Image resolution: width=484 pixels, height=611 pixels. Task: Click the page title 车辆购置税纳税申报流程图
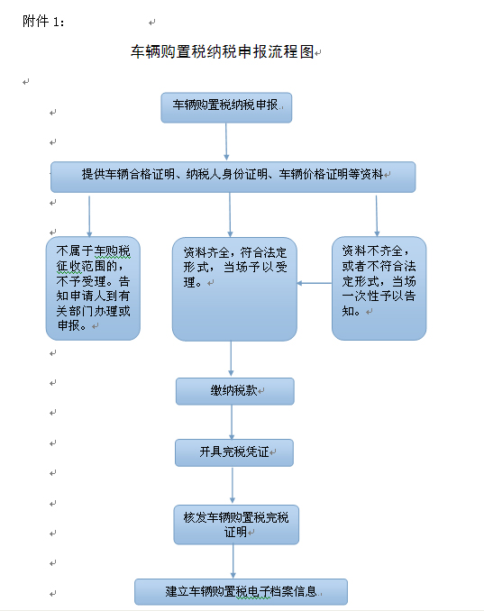click(222, 51)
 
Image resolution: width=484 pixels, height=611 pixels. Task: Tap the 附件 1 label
click(43, 22)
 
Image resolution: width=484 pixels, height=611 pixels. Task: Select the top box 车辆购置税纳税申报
click(226, 107)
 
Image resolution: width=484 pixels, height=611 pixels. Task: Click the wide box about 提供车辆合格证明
click(233, 177)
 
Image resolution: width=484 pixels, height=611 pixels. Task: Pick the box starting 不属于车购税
click(93, 288)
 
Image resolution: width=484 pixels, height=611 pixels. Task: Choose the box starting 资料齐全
click(234, 289)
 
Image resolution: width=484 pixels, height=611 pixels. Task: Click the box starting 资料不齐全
click(379, 288)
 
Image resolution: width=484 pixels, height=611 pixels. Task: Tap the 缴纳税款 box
click(235, 391)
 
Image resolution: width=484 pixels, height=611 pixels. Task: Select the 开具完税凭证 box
click(234, 452)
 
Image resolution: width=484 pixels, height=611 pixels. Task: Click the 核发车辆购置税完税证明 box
click(236, 524)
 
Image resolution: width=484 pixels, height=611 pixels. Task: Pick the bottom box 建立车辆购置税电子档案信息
click(241, 591)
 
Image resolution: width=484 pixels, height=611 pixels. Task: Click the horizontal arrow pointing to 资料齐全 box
click(315, 283)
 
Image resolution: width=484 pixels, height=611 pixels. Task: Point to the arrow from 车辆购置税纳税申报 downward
click(226, 141)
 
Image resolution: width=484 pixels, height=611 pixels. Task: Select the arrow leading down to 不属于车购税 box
click(89, 216)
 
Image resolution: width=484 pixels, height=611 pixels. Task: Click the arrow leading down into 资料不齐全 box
click(377, 216)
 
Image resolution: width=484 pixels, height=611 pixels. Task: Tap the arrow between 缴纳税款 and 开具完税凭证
click(232, 422)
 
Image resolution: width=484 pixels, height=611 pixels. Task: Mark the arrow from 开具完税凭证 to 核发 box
click(233, 486)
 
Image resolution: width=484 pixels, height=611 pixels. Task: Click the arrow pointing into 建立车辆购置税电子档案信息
click(233, 561)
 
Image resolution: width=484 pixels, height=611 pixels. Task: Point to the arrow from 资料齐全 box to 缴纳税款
click(231, 359)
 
